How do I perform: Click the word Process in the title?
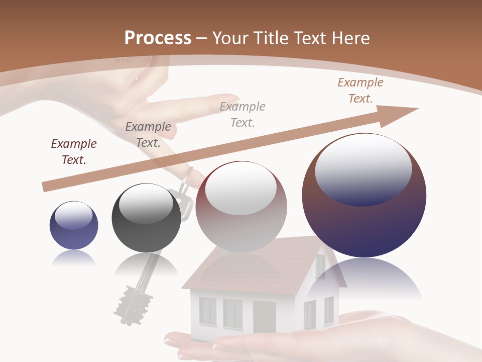[158, 38]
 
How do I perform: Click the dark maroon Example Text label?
[74, 152]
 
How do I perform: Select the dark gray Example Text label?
[148, 135]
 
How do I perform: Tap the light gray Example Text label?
[243, 114]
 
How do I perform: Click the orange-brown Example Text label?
[360, 90]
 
